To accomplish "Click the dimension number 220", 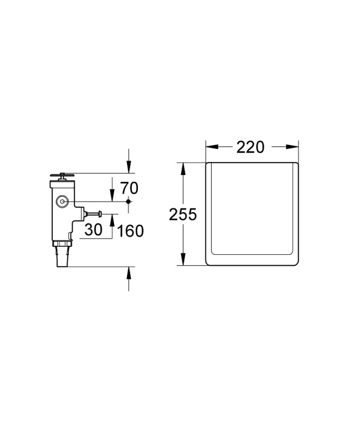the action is tap(250, 147).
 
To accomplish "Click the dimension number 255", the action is tap(183, 214).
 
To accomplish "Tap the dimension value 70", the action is tap(129, 188).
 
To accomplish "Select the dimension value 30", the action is tap(93, 230).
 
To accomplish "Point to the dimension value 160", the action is tap(130, 231).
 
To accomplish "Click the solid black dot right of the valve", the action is tap(128, 201).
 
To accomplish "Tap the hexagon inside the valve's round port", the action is tap(62, 201).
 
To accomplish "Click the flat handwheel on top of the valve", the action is tap(62, 174).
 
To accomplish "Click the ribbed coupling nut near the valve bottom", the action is tap(62, 244).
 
